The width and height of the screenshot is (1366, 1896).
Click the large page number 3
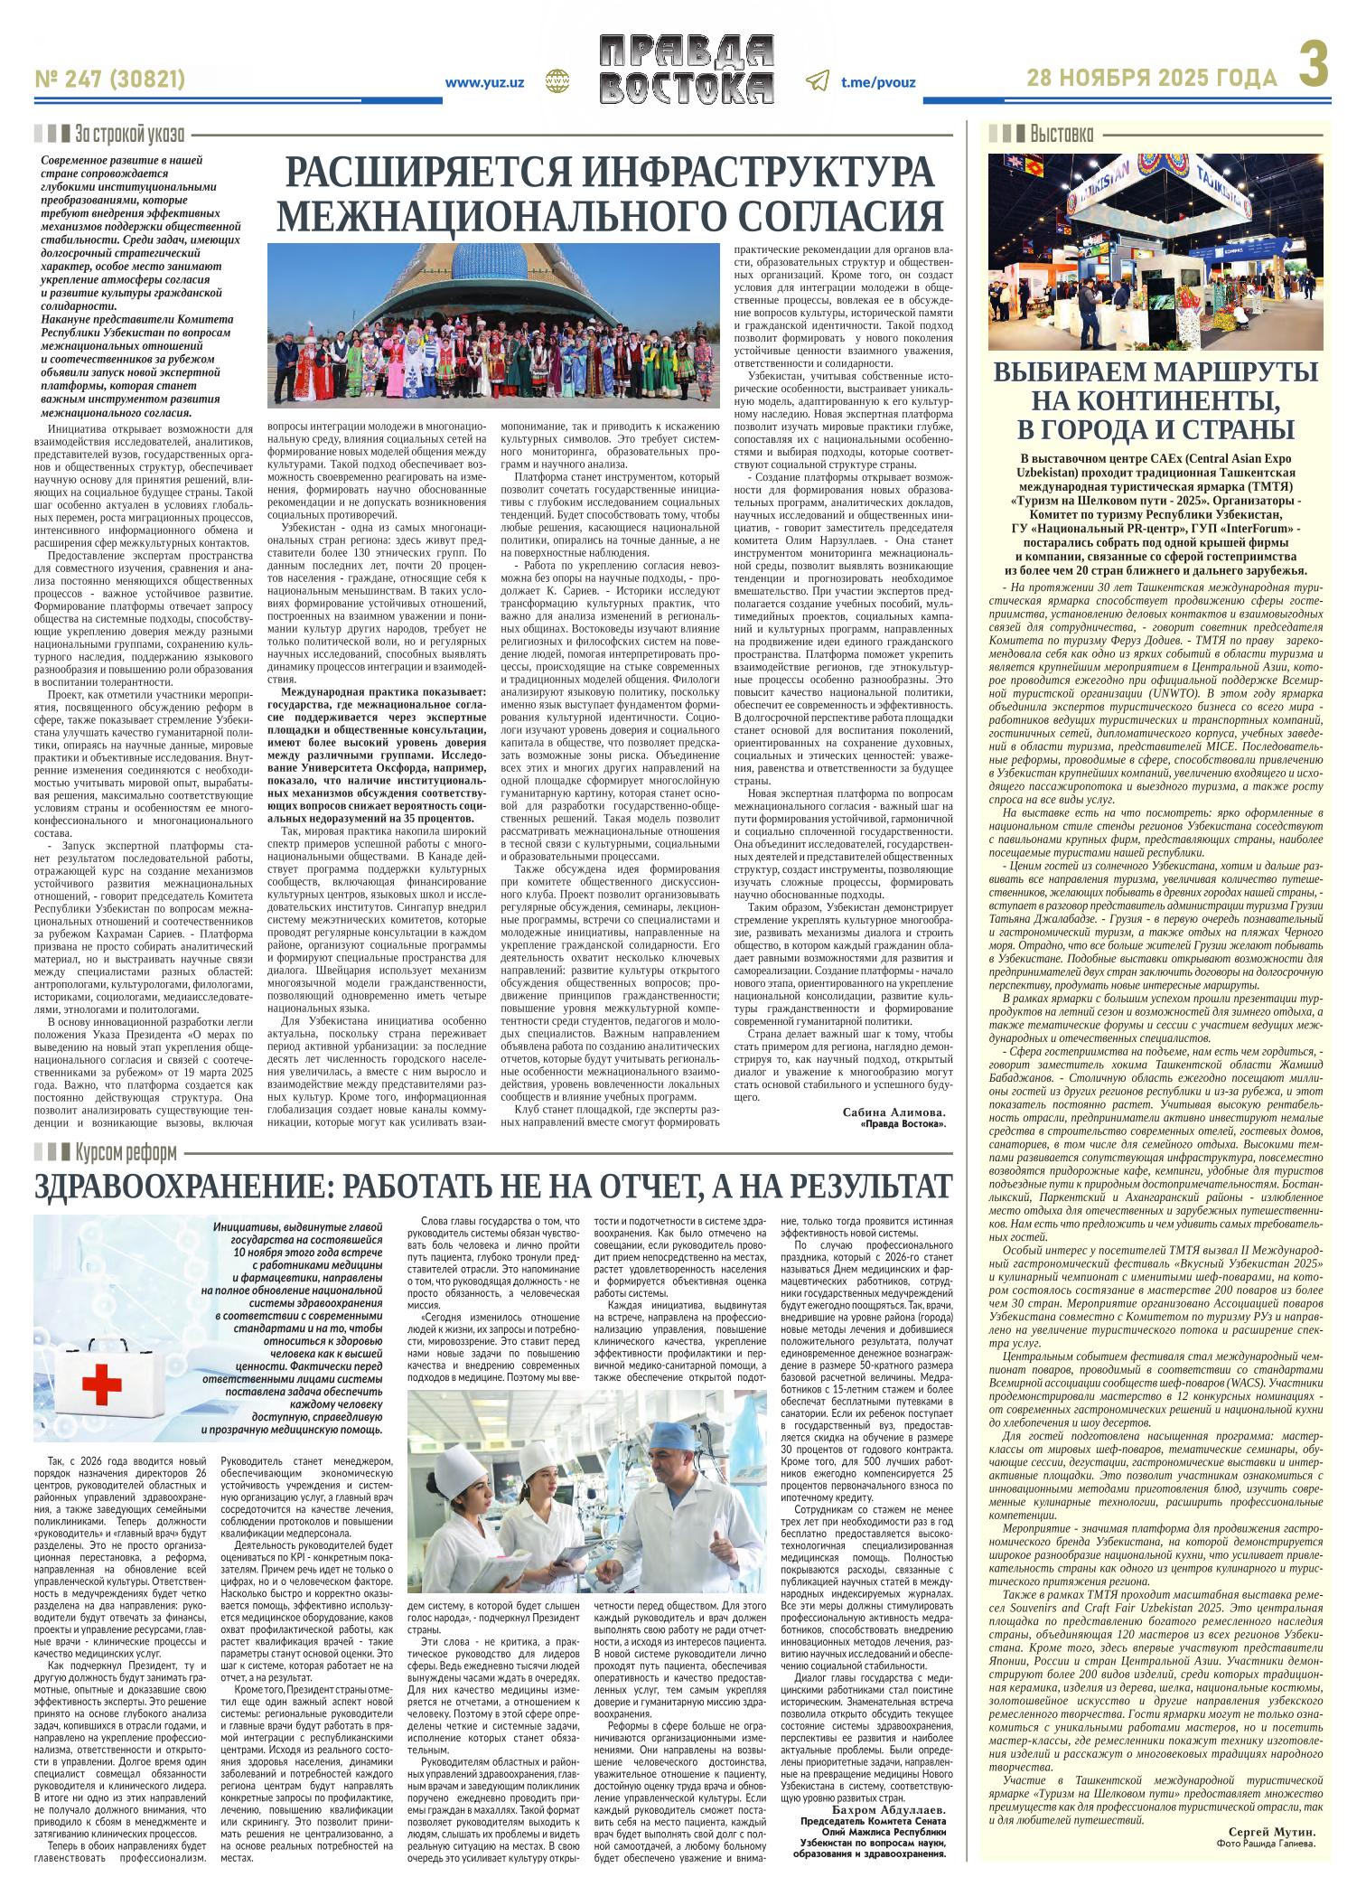1315,67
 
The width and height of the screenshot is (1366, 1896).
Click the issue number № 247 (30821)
110,80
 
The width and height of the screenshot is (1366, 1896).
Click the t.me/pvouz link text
878,82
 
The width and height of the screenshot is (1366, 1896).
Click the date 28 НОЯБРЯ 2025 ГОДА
1152,80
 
